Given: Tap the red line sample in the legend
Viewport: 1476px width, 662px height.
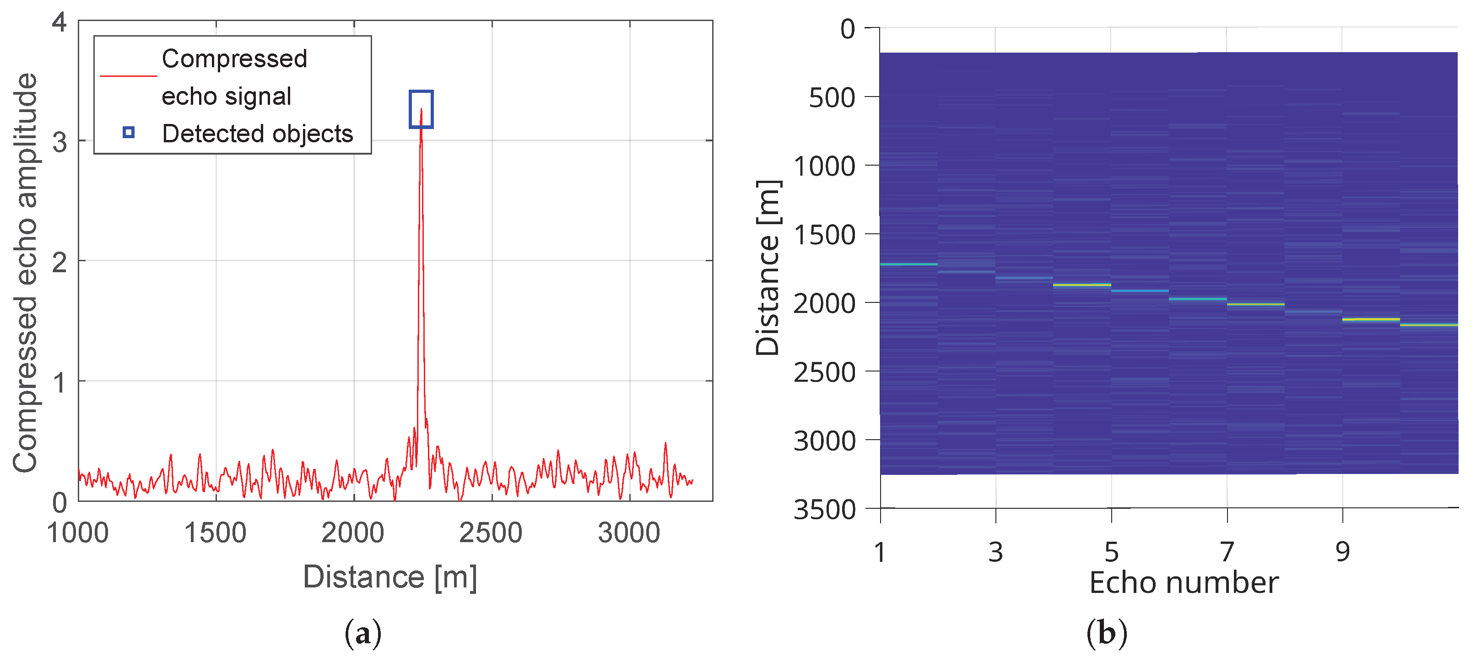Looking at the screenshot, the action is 128,75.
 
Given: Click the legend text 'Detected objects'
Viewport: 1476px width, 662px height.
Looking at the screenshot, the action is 258,134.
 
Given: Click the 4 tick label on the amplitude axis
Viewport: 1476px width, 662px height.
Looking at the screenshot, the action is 59,23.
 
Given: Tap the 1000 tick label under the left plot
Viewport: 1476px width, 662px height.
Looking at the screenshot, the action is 78,533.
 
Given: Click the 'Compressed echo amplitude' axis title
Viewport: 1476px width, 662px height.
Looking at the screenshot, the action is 25,273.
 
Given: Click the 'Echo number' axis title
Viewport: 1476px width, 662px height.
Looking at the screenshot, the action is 1184,583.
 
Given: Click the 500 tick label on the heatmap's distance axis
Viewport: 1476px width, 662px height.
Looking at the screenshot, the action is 832,98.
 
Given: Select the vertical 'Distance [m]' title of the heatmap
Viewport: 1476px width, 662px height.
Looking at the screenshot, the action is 768,268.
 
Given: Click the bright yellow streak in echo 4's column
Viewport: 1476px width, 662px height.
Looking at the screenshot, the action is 1082,285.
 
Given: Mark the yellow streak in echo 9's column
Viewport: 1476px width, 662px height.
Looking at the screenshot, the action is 1371,319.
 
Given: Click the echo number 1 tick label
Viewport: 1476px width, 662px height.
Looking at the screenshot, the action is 880,551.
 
